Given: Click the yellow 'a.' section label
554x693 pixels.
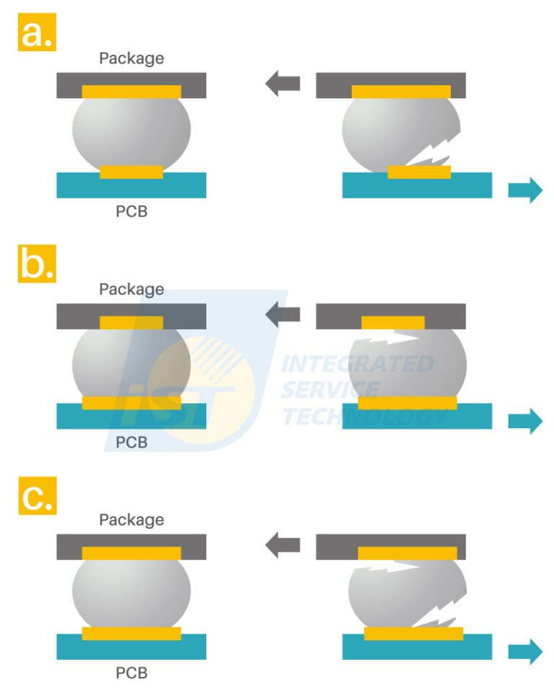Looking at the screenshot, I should (37, 33).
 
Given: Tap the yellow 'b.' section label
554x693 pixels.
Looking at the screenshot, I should (37, 264).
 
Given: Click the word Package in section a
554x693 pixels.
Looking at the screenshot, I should (131, 58).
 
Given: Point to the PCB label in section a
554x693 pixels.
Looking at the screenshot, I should (131, 212).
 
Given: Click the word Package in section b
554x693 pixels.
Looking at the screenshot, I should (131, 289).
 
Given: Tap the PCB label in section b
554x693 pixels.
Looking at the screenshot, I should (131, 443).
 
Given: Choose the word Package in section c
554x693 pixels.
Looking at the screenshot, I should (131, 520).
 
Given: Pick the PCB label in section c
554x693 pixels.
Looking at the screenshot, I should (131, 674).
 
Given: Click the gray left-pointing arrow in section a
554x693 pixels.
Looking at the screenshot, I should (282, 84).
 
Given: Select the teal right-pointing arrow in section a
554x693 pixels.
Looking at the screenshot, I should (525, 191).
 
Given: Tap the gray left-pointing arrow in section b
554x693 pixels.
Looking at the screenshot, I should (282, 315).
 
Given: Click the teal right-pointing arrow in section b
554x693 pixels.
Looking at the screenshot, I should (525, 421).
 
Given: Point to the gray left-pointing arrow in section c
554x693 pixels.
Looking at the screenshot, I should (282, 546).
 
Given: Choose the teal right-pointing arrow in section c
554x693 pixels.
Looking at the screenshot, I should (525, 652).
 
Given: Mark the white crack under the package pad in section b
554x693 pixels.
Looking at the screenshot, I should (390, 336).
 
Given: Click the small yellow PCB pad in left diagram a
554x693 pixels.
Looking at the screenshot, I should (131, 172).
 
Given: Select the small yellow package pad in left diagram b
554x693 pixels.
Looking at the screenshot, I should (131, 323).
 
